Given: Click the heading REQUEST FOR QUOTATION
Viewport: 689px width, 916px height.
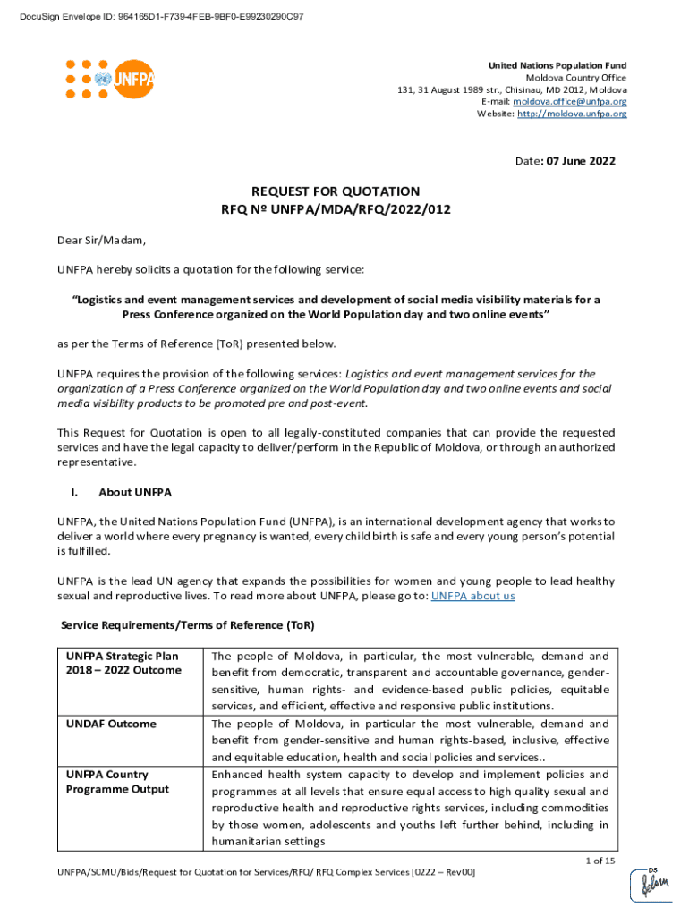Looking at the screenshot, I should tap(336, 191).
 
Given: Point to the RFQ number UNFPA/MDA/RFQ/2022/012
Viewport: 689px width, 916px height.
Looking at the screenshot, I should tap(336, 209).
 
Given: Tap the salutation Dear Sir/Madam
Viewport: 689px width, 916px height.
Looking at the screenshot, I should tap(101, 241).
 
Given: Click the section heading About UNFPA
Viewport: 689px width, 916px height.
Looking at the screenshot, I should tap(135, 492).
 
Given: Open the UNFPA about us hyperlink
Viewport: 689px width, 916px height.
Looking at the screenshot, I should tap(472, 596).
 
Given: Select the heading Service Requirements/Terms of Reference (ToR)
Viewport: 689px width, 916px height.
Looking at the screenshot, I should tap(187, 623).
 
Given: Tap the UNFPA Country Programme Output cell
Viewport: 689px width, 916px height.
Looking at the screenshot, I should tap(117, 781).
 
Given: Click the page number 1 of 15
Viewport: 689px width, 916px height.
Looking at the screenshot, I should tap(600, 861).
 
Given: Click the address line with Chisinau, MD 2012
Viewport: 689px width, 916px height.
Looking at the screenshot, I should tap(512, 90).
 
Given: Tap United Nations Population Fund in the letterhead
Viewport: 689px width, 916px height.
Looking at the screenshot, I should tap(557, 66).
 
